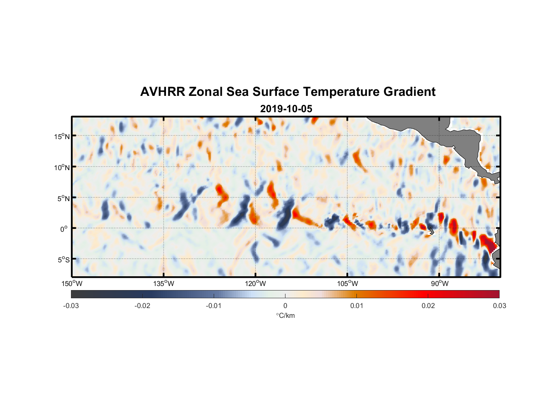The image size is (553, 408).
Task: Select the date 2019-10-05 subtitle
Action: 286,109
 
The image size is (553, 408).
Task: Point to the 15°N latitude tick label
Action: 62,136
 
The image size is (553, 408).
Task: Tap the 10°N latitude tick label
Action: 62,167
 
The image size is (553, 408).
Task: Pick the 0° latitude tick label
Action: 64,229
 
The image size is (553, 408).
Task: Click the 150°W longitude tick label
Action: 72,284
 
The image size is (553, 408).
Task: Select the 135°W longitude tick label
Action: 164,284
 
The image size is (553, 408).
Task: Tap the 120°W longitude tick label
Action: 255,284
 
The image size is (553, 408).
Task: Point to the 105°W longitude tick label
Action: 347,284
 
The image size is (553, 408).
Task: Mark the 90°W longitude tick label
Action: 440,284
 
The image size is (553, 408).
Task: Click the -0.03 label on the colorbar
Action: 71,306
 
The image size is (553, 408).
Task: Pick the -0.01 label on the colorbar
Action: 214,306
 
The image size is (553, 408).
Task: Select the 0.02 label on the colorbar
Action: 428,306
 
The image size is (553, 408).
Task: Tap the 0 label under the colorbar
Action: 285,306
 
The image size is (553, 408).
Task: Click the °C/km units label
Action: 285,315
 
